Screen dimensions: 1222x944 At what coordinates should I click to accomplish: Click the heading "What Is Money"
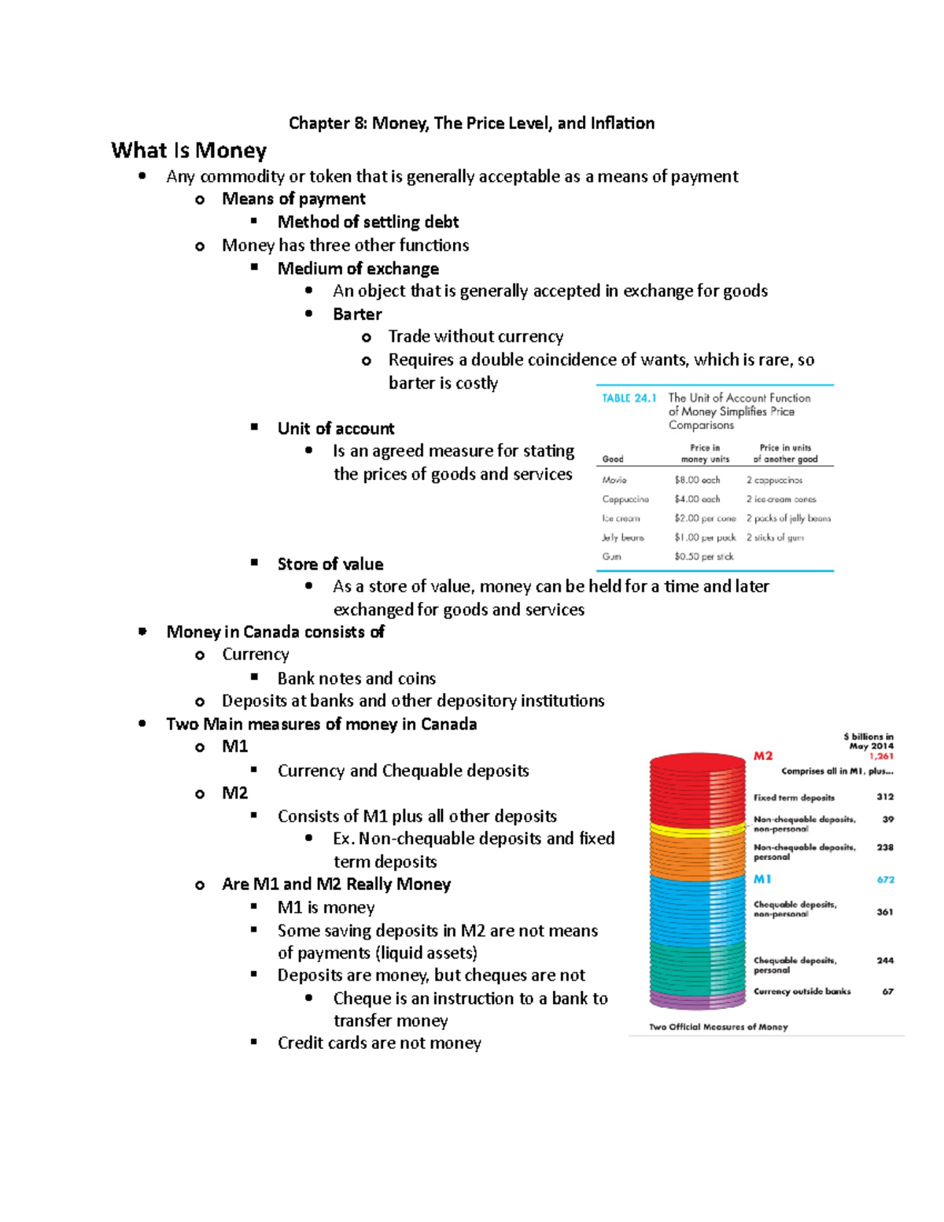tap(189, 150)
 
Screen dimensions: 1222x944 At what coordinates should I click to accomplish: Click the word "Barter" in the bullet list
tap(357, 314)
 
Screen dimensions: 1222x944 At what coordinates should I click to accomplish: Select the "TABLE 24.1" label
tap(629, 398)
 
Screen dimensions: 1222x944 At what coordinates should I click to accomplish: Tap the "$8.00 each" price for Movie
tap(697, 480)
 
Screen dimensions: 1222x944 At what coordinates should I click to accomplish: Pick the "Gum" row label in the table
tap(611, 556)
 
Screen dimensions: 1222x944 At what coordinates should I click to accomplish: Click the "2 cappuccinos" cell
tap(774, 480)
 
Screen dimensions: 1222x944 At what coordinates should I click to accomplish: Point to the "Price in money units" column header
tap(705, 453)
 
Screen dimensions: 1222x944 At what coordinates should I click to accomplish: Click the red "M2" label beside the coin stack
tap(763, 756)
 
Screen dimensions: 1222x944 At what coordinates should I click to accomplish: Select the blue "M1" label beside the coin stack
tap(762, 879)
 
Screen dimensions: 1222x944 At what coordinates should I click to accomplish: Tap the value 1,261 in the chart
tap(881, 756)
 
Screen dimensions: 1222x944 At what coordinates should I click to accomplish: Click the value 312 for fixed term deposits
tap(885, 797)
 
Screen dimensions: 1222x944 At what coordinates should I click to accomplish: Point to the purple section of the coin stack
tap(697, 1001)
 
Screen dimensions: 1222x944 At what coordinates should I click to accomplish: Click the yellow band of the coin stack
tap(697, 829)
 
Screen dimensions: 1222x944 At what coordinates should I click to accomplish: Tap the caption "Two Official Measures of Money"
tap(718, 1027)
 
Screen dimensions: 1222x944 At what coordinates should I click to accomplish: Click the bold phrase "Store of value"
tap(330, 564)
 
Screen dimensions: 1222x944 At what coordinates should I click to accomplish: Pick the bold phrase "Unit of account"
tap(336, 429)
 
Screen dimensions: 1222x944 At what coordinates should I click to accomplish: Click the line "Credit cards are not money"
tap(379, 1043)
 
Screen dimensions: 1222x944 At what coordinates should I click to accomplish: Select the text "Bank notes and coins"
tap(356, 678)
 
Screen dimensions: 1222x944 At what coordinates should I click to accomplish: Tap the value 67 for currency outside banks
tap(887, 991)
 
